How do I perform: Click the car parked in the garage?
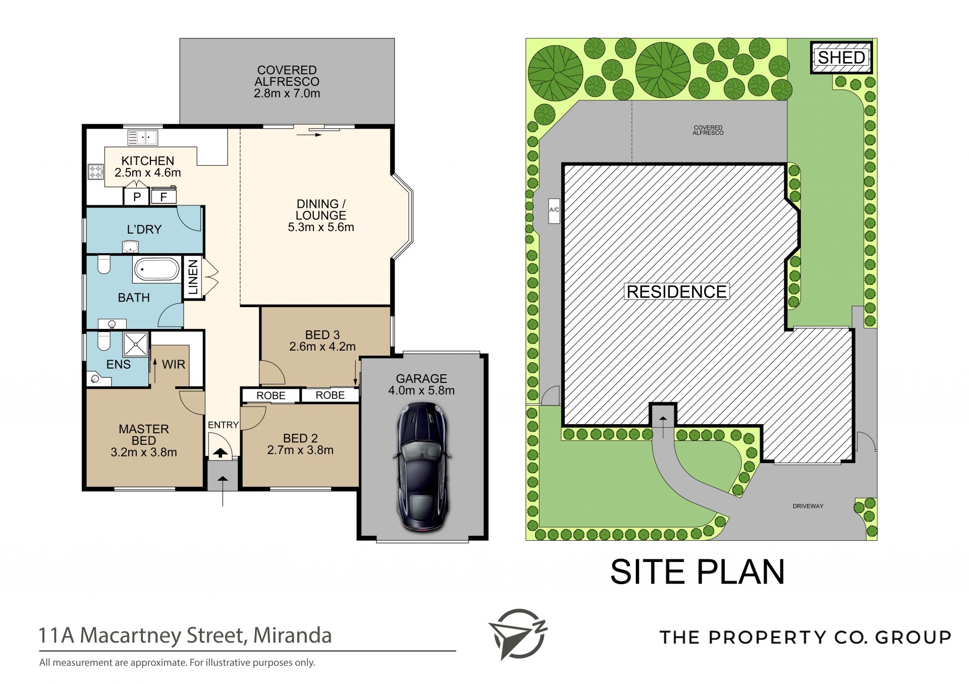coord(422,467)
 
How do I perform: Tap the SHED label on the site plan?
coord(841,58)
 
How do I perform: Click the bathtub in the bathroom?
coord(156,269)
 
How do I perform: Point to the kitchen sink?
coord(142,137)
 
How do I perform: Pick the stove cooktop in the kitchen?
coord(95,172)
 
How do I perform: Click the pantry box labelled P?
coord(137,197)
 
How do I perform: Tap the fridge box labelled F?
coord(164,197)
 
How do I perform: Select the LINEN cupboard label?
coord(193,277)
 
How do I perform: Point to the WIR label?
coord(174,364)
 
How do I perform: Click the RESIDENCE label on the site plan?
coord(676,292)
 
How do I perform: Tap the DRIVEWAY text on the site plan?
coord(808,506)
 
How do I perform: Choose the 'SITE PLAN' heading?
coord(697,572)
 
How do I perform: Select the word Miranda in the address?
coord(292,636)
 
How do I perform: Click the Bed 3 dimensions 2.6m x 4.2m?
coord(322,347)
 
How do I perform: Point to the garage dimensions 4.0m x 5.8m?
coord(421,390)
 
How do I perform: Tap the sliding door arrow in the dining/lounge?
coord(309,135)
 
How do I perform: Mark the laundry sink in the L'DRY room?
coord(130,247)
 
